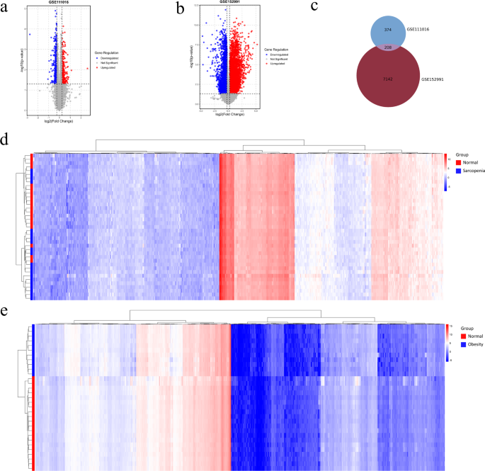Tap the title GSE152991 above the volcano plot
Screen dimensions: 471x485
230,4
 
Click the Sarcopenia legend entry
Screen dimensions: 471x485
469,171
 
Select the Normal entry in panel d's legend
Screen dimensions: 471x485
465,162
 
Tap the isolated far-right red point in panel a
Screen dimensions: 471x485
88,68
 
